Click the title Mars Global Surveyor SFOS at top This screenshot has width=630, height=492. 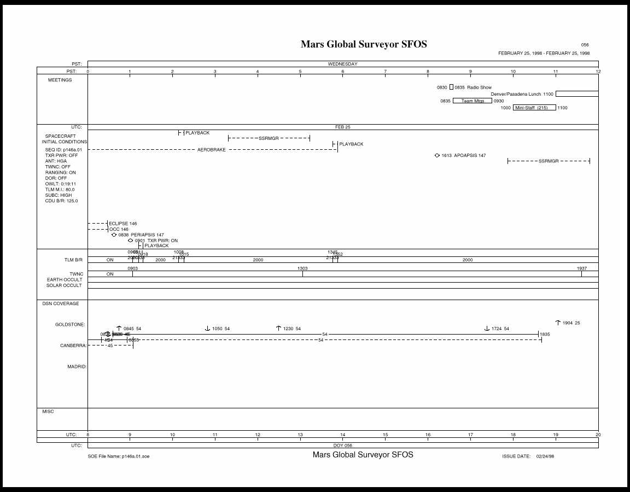point(364,44)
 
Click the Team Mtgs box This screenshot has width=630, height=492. point(472,101)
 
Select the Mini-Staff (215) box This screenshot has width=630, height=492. point(534,108)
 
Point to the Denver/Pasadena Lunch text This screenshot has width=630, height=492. point(516,94)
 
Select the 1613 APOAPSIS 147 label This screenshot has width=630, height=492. point(463,156)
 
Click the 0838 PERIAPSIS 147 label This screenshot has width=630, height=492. point(141,235)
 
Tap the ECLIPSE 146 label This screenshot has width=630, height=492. point(122,224)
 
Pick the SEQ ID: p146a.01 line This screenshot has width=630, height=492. point(63,149)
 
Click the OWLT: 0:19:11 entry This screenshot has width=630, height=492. point(61,184)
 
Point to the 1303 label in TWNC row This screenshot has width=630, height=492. point(302,268)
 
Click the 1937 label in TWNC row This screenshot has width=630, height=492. point(582,268)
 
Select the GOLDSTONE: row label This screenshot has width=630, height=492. point(70,325)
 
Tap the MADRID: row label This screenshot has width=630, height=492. point(77,367)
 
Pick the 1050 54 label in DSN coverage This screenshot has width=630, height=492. point(220,329)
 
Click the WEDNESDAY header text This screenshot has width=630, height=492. point(342,64)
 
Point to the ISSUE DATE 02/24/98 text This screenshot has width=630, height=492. point(528,456)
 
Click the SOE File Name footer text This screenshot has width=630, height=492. point(118,456)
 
